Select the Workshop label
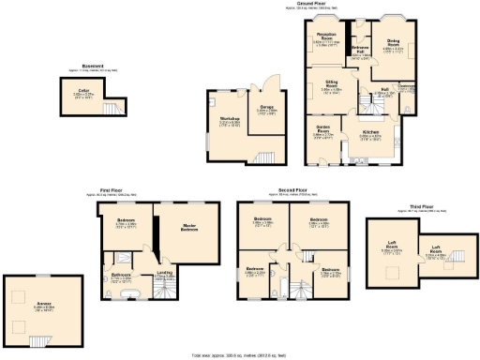point(230,119)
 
